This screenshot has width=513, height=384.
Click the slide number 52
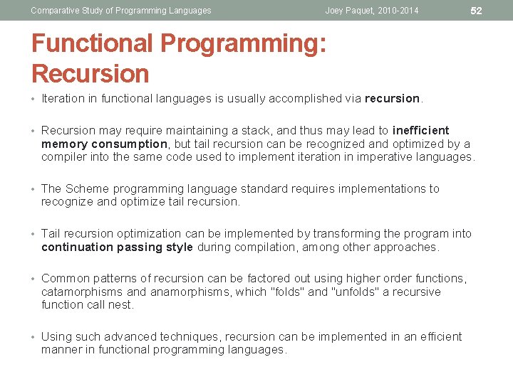point(477,10)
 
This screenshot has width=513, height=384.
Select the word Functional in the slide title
point(93,43)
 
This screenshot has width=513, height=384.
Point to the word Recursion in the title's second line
point(90,74)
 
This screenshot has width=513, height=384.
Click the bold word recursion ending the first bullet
point(392,99)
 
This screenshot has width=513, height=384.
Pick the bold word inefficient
point(420,130)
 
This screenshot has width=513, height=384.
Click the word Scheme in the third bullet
point(85,188)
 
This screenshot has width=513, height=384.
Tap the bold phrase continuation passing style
point(117,247)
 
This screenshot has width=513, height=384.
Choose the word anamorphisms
point(180,292)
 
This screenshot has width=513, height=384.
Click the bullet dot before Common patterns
point(34,279)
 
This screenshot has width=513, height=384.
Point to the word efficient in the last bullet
point(437,336)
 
